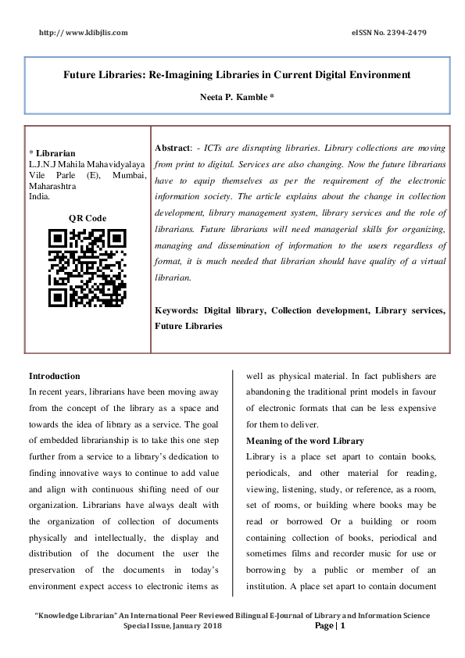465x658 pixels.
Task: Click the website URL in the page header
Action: pyautogui.click(x=83, y=33)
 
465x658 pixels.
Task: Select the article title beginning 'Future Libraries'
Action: pyautogui.click(x=237, y=75)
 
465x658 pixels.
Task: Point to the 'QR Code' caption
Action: pyautogui.click(x=88, y=218)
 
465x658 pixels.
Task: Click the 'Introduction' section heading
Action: pyautogui.click(x=54, y=376)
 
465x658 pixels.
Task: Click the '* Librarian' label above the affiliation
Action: pyautogui.click(x=52, y=153)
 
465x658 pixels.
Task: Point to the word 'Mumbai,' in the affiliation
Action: pyautogui.click(x=130, y=176)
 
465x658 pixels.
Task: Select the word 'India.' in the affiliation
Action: pyautogui.click(x=39, y=198)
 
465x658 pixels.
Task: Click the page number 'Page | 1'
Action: pyautogui.click(x=330, y=627)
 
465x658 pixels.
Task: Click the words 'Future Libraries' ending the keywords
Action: pyautogui.click(x=188, y=325)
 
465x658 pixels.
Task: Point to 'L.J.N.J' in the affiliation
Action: pyautogui.click(x=42, y=165)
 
